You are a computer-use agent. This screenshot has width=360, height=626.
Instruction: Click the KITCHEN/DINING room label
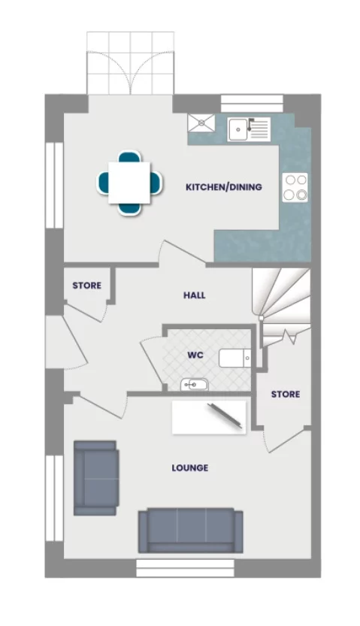(223, 186)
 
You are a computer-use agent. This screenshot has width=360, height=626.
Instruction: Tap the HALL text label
(194, 295)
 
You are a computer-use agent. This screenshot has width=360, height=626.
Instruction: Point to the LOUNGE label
(189, 467)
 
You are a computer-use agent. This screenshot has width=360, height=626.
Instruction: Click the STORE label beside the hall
(86, 286)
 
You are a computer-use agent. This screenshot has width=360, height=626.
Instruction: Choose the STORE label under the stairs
(285, 394)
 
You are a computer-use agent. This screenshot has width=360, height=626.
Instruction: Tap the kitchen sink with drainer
(249, 129)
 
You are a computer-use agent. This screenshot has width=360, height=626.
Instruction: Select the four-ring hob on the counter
(295, 187)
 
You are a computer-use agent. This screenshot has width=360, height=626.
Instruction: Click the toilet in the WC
(234, 358)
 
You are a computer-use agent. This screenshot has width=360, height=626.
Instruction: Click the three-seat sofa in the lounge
(190, 531)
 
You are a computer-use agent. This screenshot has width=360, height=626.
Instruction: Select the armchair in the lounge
(95, 477)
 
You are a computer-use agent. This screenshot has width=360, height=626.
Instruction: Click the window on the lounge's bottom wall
(190, 567)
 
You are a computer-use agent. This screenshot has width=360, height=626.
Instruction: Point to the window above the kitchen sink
(252, 103)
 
